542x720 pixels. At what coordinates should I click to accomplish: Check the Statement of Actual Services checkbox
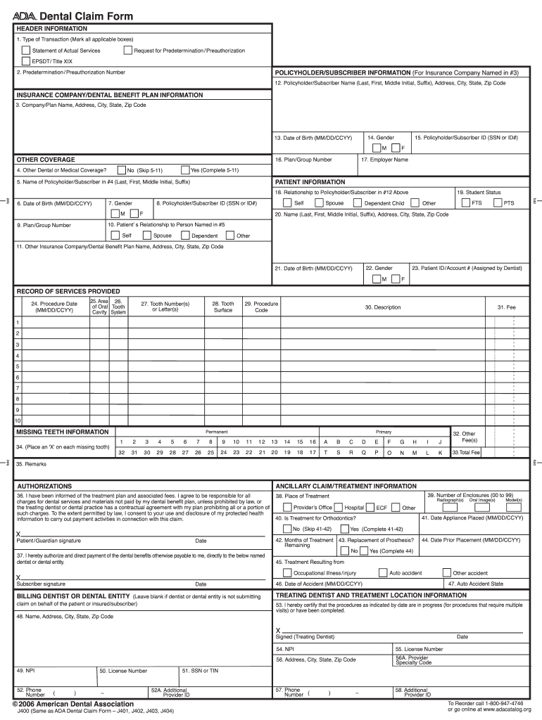pos(26,51)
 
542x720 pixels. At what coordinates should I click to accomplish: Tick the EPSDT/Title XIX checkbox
pos(26,61)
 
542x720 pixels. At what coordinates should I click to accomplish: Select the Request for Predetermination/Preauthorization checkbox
pos(127,51)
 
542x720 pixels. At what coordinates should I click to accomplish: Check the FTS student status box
pos(465,203)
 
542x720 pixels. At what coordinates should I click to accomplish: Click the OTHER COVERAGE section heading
pos(46,160)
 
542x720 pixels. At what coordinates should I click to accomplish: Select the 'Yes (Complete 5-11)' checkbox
pos(185,169)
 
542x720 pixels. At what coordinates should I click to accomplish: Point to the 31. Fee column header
pos(506,307)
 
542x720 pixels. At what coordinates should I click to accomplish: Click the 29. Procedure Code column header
pos(261,307)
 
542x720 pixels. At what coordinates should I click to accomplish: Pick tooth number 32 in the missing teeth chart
pos(122,453)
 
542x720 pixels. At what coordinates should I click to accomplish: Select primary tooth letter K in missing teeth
pos(440,453)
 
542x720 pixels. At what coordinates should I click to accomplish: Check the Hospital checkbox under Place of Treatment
pos(339,507)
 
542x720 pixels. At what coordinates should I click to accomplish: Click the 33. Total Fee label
pos(465,453)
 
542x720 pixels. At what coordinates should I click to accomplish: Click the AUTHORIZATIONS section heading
pos(44,486)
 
